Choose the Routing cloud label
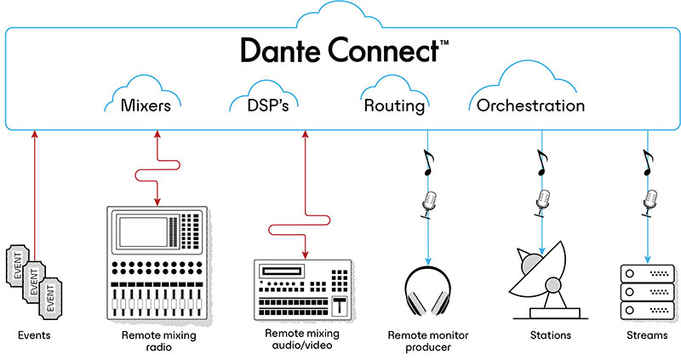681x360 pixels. (393, 106)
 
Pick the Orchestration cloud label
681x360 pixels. (530, 106)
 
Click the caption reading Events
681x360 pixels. (34, 335)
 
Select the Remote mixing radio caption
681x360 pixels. (157, 341)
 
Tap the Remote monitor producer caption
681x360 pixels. (430, 341)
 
